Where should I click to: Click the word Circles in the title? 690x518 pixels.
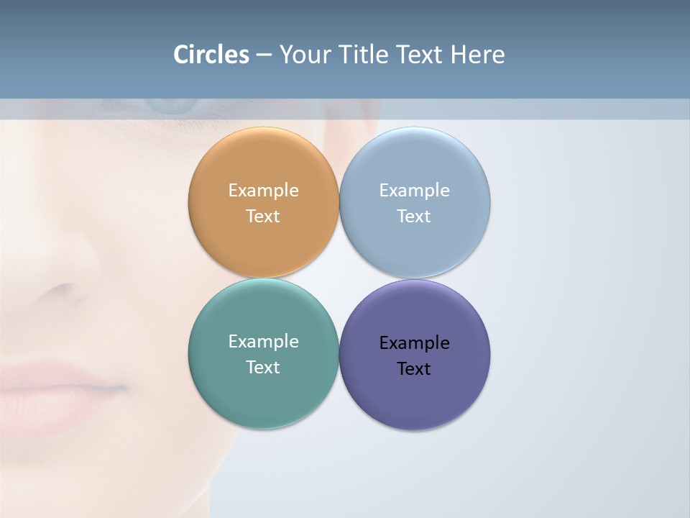211,55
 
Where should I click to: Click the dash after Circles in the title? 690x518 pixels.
264,55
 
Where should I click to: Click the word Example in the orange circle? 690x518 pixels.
263,190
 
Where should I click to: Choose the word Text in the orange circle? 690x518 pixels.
263,216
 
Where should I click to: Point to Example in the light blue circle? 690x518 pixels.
414,190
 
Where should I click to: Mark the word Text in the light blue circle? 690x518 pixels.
414,216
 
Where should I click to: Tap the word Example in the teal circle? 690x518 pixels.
263,341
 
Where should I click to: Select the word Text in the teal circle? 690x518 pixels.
263,367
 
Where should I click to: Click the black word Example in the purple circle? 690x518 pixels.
414,342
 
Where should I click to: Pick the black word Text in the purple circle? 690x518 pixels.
414,368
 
